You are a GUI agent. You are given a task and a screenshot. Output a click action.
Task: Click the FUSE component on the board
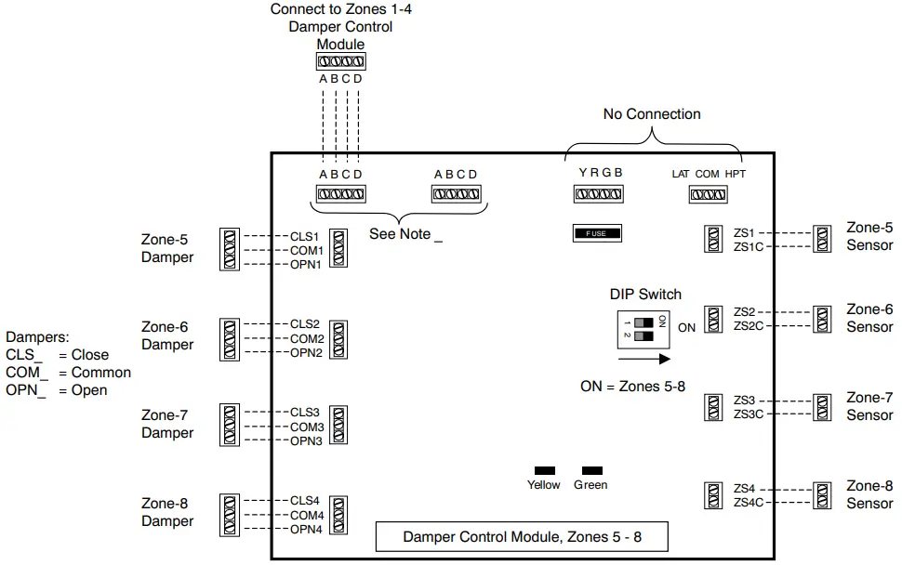click(596, 233)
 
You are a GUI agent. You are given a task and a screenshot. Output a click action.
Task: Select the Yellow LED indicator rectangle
click(544, 470)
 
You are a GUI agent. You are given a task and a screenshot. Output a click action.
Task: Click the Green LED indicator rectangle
click(591, 470)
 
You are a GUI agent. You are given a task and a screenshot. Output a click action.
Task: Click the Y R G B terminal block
click(597, 194)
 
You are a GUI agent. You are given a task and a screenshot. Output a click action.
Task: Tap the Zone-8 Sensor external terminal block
click(822, 494)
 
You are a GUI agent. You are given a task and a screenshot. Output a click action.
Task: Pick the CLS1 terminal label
click(304, 237)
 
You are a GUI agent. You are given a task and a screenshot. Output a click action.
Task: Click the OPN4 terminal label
click(305, 530)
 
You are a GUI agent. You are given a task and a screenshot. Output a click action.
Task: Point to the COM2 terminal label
click(306, 339)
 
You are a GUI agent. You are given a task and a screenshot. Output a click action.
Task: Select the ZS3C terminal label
click(749, 414)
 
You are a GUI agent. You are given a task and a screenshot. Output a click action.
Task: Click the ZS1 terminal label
click(744, 232)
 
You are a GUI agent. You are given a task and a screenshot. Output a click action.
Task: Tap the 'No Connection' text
click(652, 114)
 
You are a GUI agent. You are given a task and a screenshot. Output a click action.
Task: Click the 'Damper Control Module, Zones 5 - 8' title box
click(521, 537)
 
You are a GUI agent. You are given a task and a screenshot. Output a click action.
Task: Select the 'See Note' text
click(405, 234)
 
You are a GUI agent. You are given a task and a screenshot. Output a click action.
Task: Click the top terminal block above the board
click(340, 62)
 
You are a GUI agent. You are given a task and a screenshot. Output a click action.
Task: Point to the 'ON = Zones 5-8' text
click(632, 386)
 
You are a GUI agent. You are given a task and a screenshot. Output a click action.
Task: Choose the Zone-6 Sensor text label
click(869, 318)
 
